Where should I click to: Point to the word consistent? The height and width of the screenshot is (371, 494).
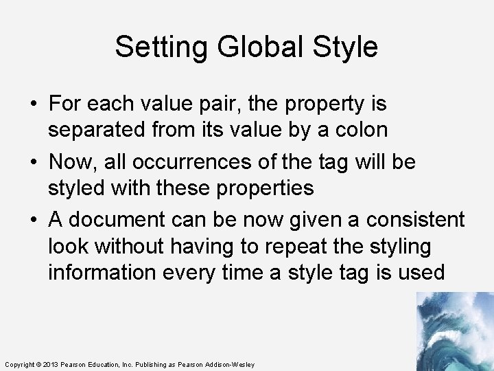[x=415, y=221]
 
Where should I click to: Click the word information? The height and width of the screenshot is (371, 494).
[x=102, y=272]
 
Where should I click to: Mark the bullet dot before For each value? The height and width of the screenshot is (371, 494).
[x=34, y=105]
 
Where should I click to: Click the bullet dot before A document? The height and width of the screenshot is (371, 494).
[x=34, y=221]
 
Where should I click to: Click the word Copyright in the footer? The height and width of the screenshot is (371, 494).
[x=19, y=364]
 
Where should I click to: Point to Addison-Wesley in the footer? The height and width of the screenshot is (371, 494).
[x=229, y=364]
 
